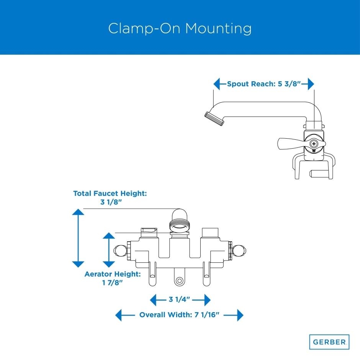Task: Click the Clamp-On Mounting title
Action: click(x=180, y=29)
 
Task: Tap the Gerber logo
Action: click(x=329, y=342)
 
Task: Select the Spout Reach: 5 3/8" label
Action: click(x=264, y=84)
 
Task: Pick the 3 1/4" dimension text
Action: click(x=180, y=299)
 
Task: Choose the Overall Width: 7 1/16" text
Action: click(x=179, y=315)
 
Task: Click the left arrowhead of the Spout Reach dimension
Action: click(x=217, y=84)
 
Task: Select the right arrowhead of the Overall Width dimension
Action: click(x=240, y=315)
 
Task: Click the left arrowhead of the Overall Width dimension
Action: click(x=119, y=315)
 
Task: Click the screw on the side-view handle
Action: click(x=314, y=144)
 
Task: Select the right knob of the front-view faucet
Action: click(x=240, y=251)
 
